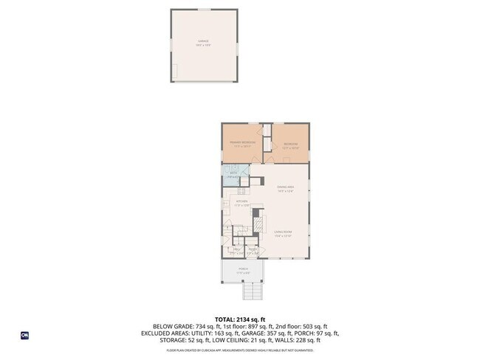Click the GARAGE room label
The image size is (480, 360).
(203, 43)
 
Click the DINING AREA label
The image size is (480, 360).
(286, 189)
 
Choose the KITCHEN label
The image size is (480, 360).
(241, 202)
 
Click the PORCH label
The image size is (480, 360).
(243, 271)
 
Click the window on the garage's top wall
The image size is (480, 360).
(203, 10)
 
